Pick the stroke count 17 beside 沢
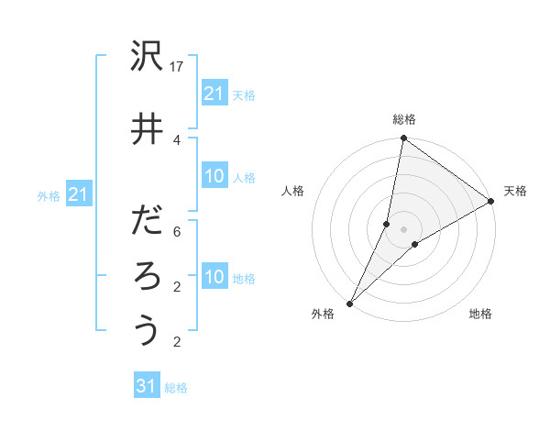coord(178,67)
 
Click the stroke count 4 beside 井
coord(178,138)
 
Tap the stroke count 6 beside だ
coord(178,232)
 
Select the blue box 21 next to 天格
coord(214,93)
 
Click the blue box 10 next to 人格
coord(214,176)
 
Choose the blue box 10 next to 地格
coord(214,277)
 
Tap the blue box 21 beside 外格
coord(78,194)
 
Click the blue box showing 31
coord(147,386)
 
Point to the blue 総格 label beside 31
coord(176,388)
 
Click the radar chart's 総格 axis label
coord(404,119)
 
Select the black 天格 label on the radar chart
coord(515,191)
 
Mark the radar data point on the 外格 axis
coord(349,303)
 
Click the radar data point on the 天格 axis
coord(491,202)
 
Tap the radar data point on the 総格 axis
coord(403,138)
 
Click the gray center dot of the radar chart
coord(403,229)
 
